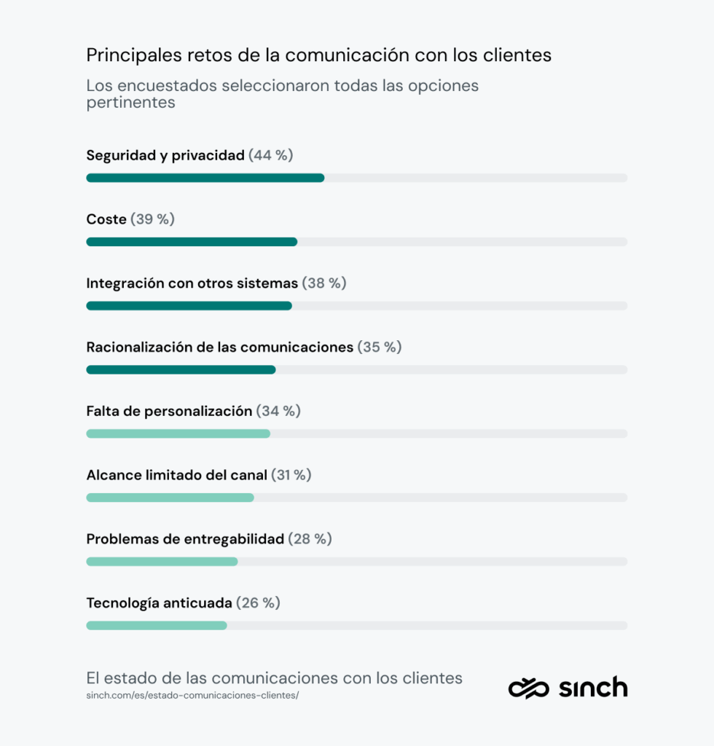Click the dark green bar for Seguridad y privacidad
205,178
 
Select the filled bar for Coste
192,242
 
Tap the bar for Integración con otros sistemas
189,306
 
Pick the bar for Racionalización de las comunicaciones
181,370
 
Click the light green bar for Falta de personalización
178,433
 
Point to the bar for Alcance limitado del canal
170,498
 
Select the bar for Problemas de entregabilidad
162,562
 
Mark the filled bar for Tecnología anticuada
157,625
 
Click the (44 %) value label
271,155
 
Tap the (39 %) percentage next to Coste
152,219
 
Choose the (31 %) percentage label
291,475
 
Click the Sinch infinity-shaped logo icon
529,688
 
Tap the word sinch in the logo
593,687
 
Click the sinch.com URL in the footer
192,695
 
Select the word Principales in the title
130,55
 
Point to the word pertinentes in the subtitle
131,103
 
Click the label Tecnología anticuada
159,603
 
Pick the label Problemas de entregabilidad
185,539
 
